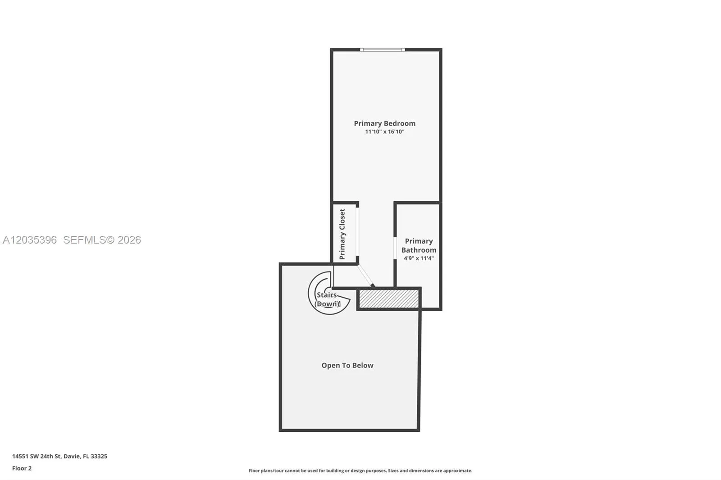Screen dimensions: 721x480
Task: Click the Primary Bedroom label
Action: (385, 123)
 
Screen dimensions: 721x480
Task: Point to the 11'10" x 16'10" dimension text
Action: (385, 131)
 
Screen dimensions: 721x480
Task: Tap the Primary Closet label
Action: (342, 234)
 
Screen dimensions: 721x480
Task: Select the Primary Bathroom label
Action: (419, 245)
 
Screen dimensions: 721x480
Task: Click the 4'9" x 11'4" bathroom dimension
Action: (419, 258)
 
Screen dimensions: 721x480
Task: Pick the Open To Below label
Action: (347, 366)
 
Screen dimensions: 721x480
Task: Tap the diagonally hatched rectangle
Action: (389, 299)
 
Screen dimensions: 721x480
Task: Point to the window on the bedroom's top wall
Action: (383, 50)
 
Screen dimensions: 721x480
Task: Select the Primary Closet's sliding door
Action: (357, 234)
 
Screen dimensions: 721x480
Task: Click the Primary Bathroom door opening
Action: (395, 248)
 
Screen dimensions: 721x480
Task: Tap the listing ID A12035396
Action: (30, 240)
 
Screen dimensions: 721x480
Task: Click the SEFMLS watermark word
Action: (85, 240)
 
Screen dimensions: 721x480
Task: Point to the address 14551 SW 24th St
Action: (37, 456)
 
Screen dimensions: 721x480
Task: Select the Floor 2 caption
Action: (22, 468)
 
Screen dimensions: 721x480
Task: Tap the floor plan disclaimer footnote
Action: (360, 471)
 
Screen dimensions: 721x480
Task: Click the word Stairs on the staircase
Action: (327, 295)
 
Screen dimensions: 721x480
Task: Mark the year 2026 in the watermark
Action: (129, 240)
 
